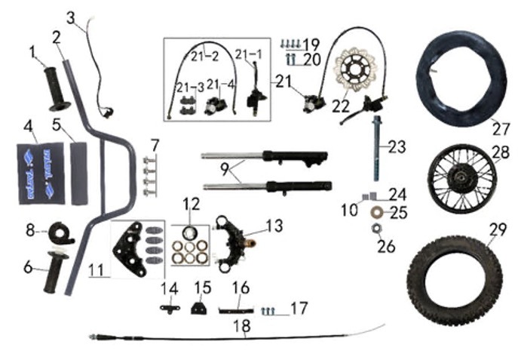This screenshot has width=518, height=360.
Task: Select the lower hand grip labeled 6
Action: click(57, 271)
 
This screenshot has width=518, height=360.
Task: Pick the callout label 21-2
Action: click(204, 55)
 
